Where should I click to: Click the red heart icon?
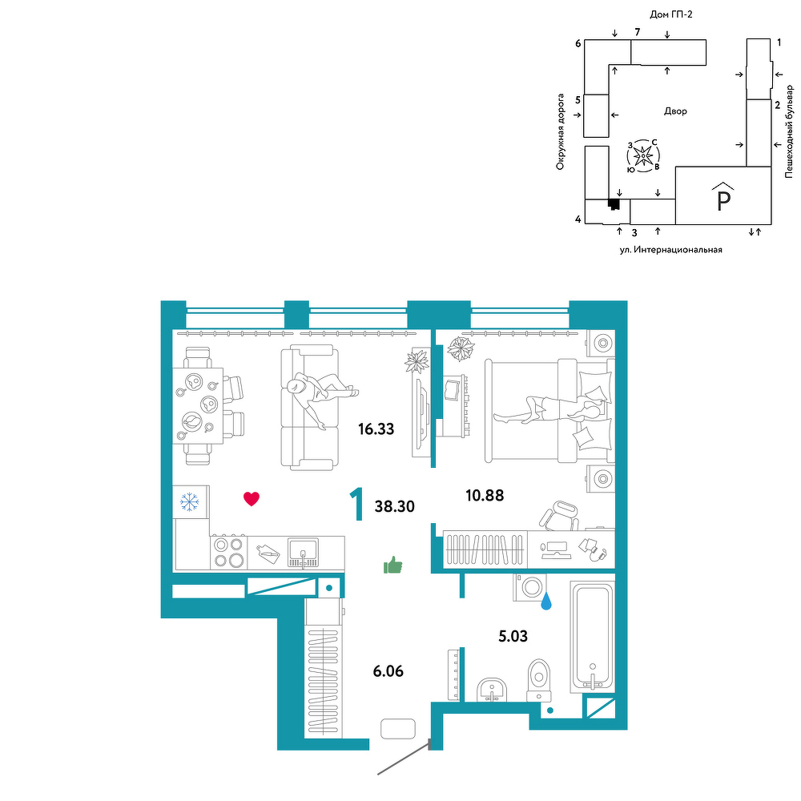[252, 498]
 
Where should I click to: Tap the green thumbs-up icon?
[392, 565]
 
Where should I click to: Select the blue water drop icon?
[546, 601]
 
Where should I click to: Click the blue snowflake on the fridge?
[190, 502]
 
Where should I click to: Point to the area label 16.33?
[376, 429]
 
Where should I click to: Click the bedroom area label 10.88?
[485, 495]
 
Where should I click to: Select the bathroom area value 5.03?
[513, 636]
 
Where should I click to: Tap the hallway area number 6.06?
[388, 670]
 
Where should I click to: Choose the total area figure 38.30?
[394, 506]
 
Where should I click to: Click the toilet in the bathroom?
[539, 680]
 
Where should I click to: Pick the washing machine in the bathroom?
[529, 587]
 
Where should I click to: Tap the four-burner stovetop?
[228, 552]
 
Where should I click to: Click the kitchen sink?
[303, 553]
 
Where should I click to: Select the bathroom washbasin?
[492, 690]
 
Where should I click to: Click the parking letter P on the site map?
[723, 201]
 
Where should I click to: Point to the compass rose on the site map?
[643, 155]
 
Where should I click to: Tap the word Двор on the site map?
[675, 111]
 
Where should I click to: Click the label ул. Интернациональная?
[670, 250]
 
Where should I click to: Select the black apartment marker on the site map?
[614, 204]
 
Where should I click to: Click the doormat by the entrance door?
[398, 728]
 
